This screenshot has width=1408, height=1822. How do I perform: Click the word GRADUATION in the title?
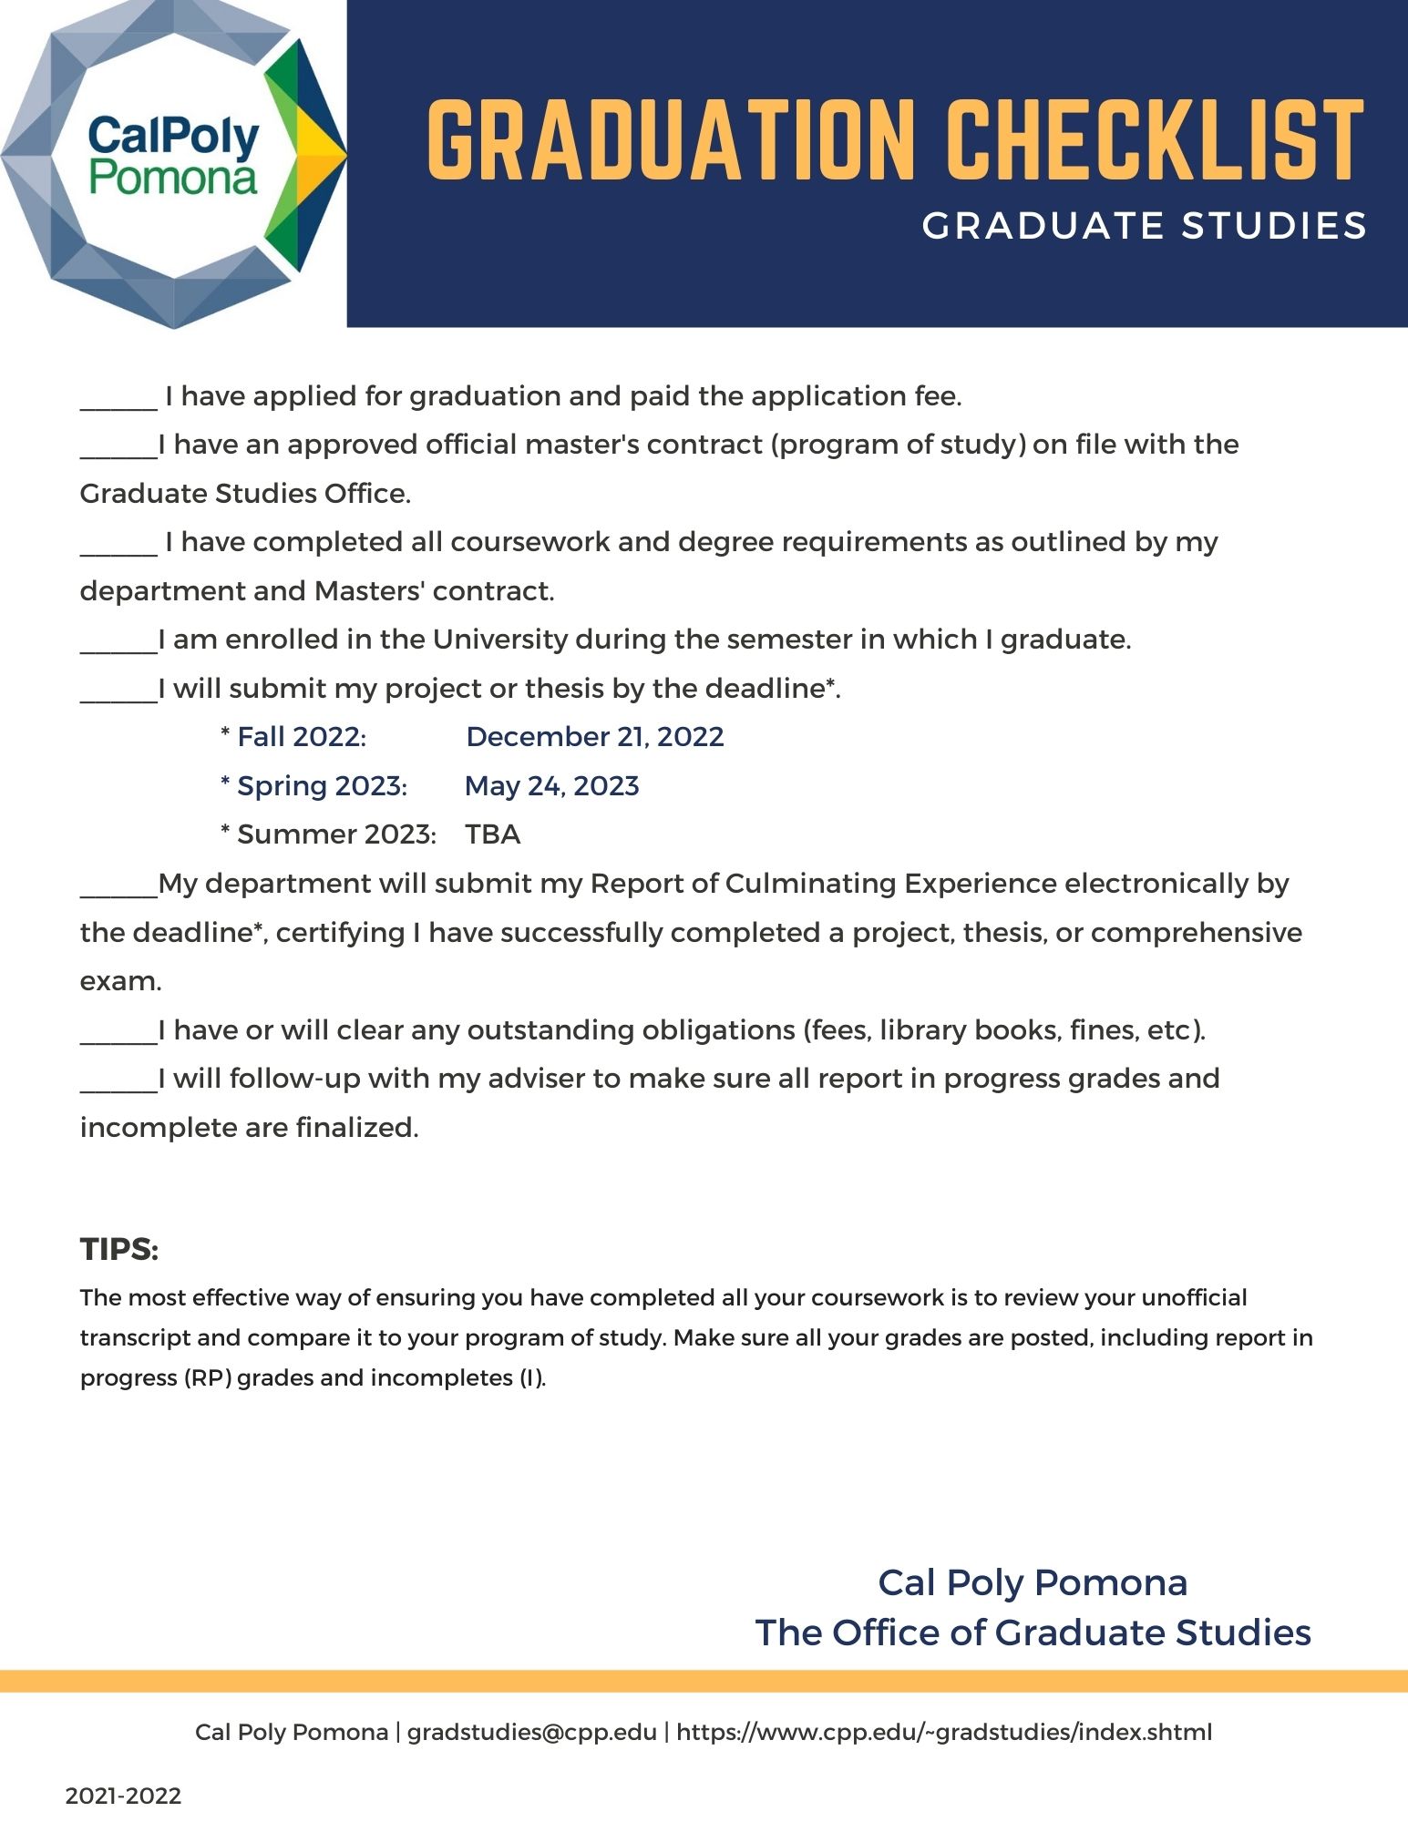[670, 140]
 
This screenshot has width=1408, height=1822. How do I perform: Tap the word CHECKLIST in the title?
[1154, 140]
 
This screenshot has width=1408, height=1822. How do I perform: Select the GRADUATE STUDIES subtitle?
[1144, 226]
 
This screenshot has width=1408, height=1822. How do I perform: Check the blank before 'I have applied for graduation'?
[118, 401]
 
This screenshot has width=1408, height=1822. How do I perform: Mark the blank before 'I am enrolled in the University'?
[118, 644]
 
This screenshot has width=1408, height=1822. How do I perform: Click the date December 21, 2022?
[594, 737]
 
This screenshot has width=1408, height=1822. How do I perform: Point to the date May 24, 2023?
[551, 786]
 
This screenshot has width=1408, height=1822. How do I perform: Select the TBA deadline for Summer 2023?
[492, 834]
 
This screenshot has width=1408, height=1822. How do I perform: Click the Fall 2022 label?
[301, 737]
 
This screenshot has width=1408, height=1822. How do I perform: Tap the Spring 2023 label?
[321, 786]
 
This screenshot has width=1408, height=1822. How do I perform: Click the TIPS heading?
[119, 1249]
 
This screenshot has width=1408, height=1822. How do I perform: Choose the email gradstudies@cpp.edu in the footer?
[531, 1732]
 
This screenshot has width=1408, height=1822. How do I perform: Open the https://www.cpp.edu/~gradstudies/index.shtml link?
[944, 1732]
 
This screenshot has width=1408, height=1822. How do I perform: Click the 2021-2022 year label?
[123, 1796]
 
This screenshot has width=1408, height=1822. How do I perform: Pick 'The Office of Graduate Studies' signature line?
[1033, 1633]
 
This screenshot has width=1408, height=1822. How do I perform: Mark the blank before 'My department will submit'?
[118, 888]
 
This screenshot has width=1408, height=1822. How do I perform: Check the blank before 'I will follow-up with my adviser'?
[118, 1083]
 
